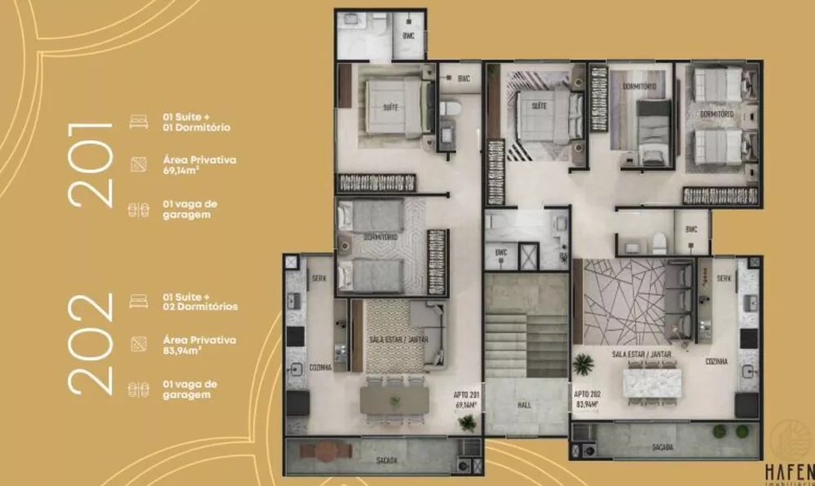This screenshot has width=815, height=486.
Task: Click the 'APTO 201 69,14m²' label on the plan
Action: [x=467, y=399]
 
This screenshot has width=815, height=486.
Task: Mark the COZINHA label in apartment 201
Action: [x=320, y=368]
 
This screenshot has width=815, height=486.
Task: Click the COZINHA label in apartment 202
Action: [x=717, y=360]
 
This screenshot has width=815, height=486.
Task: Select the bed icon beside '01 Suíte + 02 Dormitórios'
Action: [x=138, y=302]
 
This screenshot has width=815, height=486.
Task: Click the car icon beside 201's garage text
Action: [x=138, y=210]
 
